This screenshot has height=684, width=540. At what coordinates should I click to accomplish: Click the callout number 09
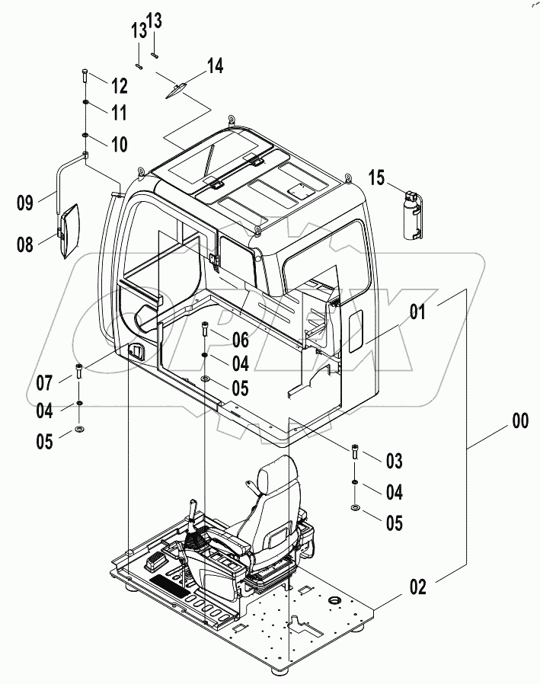click(26, 203)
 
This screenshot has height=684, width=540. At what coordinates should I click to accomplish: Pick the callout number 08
click(26, 244)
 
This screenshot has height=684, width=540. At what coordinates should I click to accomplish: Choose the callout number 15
click(378, 179)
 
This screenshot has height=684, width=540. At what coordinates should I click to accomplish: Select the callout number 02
click(418, 587)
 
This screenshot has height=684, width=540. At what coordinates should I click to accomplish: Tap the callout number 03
click(393, 460)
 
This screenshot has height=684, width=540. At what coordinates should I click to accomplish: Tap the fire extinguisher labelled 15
click(412, 215)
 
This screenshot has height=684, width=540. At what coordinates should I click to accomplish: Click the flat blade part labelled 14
click(177, 90)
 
